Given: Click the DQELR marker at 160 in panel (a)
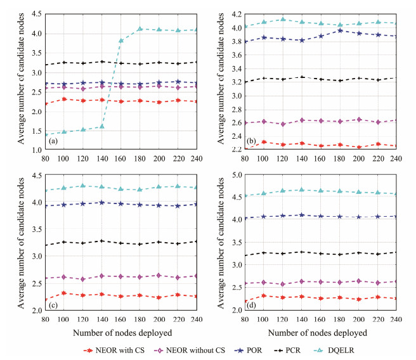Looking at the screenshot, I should coord(120,41).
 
